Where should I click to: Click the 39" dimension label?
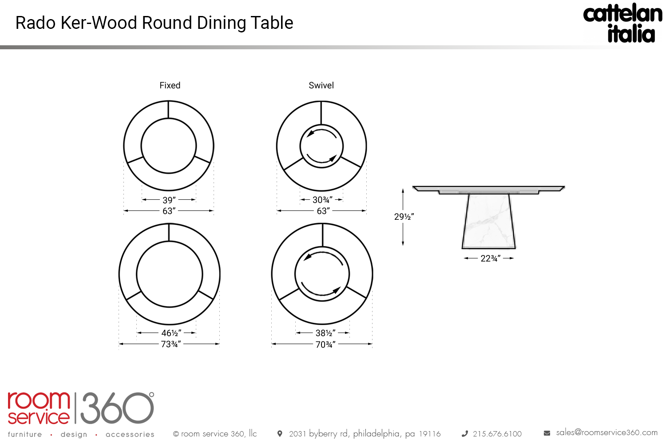(x=169, y=200)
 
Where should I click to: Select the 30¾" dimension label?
(x=322, y=200)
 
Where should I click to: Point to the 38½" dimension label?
(x=325, y=333)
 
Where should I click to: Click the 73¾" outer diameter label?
(x=171, y=344)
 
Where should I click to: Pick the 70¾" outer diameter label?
(x=325, y=345)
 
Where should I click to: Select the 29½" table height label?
(x=404, y=217)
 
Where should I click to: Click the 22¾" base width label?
(x=491, y=258)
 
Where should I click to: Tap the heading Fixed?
(x=170, y=85)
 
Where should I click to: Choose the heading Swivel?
(x=321, y=85)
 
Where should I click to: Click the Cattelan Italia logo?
(x=622, y=23)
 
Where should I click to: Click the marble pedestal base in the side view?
(x=488, y=221)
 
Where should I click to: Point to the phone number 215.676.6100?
(x=497, y=434)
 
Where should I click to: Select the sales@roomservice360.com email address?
(x=607, y=433)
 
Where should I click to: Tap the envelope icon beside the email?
(x=547, y=433)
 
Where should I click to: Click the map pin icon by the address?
(x=280, y=434)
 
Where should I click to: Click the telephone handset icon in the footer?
(x=465, y=434)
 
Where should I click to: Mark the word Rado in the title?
(x=36, y=23)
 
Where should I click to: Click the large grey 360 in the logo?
(x=117, y=408)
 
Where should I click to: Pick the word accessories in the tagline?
(x=130, y=435)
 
